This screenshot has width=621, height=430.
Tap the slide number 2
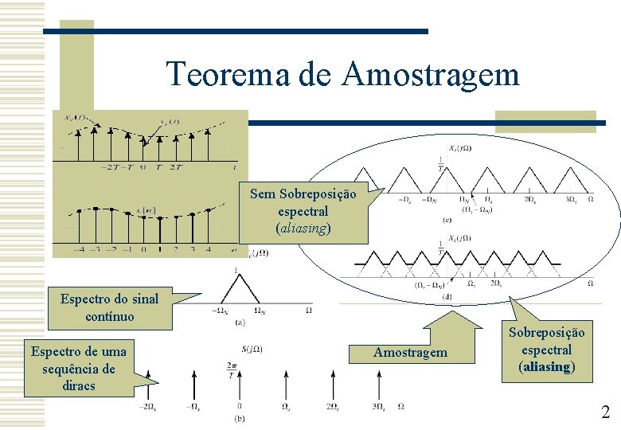605,412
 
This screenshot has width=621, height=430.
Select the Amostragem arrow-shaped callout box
411,351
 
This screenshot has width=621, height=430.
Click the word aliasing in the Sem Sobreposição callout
303,229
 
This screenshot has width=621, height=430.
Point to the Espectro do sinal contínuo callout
110,308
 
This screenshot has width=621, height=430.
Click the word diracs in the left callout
79,385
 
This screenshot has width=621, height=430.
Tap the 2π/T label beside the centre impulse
231,370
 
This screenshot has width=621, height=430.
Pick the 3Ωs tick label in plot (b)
379,407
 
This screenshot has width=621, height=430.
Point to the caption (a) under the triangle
239,322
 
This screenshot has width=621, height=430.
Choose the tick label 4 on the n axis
208,248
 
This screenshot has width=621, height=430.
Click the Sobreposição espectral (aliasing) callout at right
546,350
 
